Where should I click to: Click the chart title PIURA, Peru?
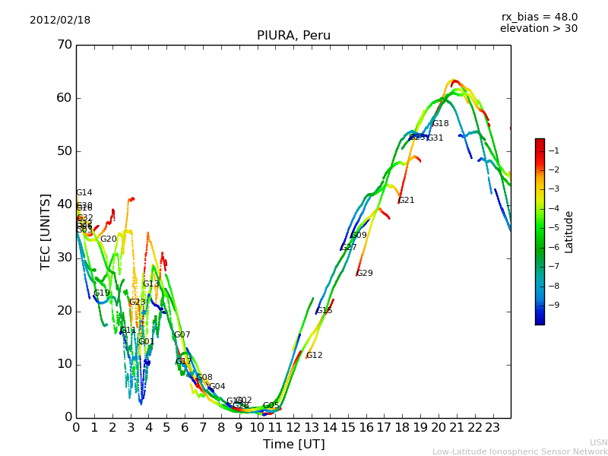tap(293, 36)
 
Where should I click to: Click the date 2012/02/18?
tap(60, 21)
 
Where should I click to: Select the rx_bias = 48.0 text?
tap(539, 17)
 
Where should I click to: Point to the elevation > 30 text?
tap(538, 29)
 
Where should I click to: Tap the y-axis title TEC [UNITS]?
tap(46, 231)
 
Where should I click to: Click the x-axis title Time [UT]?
tap(293, 445)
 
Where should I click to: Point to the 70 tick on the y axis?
tap(64, 45)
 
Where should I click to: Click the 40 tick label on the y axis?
tap(64, 204)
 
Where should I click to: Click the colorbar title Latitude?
tap(569, 232)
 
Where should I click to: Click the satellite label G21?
tap(407, 201)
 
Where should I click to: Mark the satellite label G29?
tap(365, 274)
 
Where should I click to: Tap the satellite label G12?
tap(315, 356)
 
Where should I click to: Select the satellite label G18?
tap(441, 124)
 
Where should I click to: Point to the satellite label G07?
tap(182, 335)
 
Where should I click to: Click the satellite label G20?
tap(109, 239)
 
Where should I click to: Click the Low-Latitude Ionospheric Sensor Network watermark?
tap(520, 451)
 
